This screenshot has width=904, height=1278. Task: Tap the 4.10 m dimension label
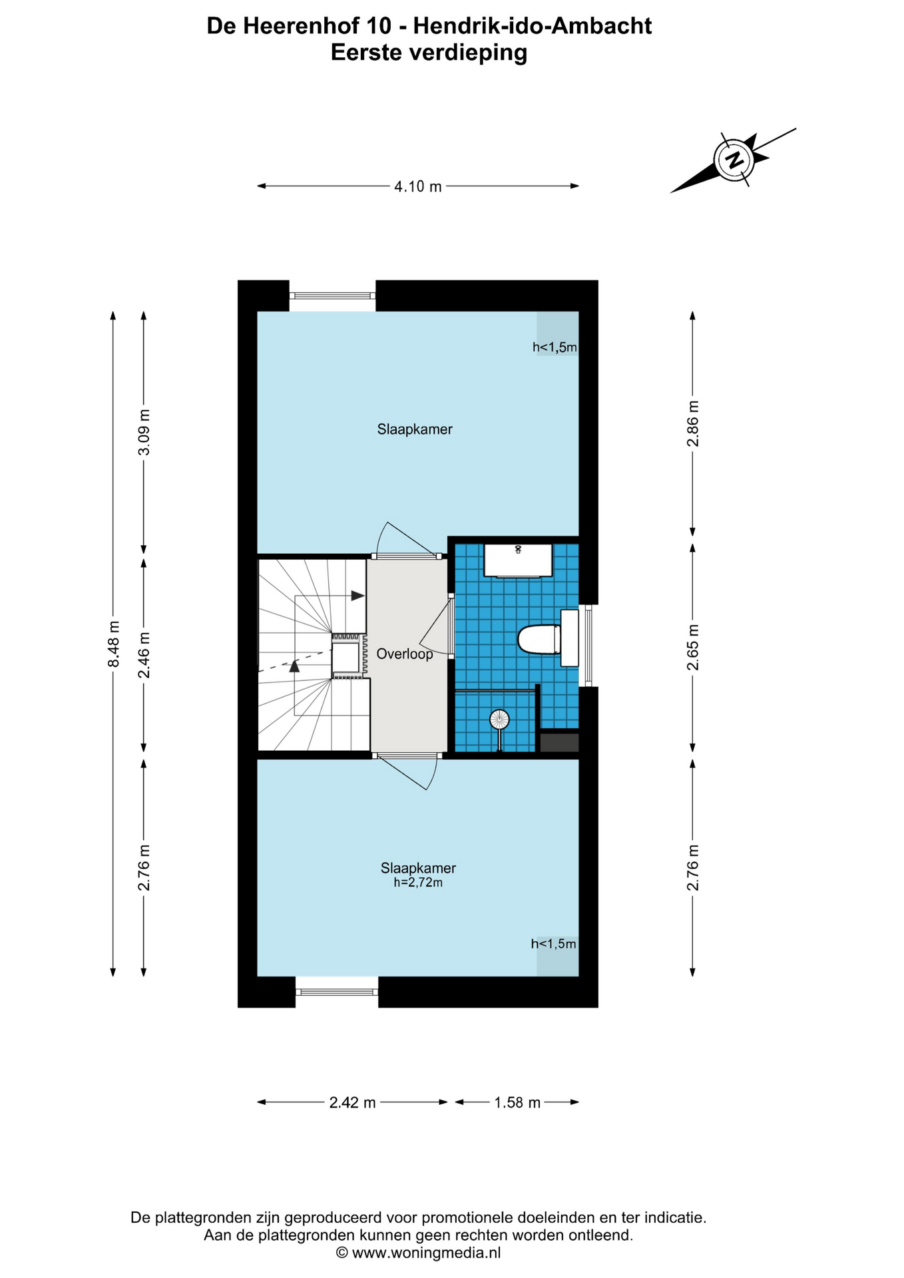point(418,187)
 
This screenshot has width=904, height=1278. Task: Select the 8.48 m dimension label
point(114,644)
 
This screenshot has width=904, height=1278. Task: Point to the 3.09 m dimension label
point(144,433)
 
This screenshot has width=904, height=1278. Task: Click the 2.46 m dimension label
point(144,655)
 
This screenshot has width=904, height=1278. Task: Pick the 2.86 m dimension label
point(693,423)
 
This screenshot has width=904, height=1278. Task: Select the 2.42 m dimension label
point(353,1103)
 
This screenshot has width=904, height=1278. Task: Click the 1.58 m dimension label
point(517,1103)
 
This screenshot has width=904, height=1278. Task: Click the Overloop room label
point(405,654)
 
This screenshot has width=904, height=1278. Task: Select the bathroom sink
point(518,560)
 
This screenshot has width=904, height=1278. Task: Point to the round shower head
point(499,719)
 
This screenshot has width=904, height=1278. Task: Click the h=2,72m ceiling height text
point(418,883)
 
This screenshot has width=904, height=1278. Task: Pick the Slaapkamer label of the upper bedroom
point(415,429)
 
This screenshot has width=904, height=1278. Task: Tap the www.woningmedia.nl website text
point(426,1253)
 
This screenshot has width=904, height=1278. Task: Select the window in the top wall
point(333,296)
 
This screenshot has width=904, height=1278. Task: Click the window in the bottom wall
point(337,992)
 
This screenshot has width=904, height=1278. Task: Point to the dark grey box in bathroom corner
point(559,742)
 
